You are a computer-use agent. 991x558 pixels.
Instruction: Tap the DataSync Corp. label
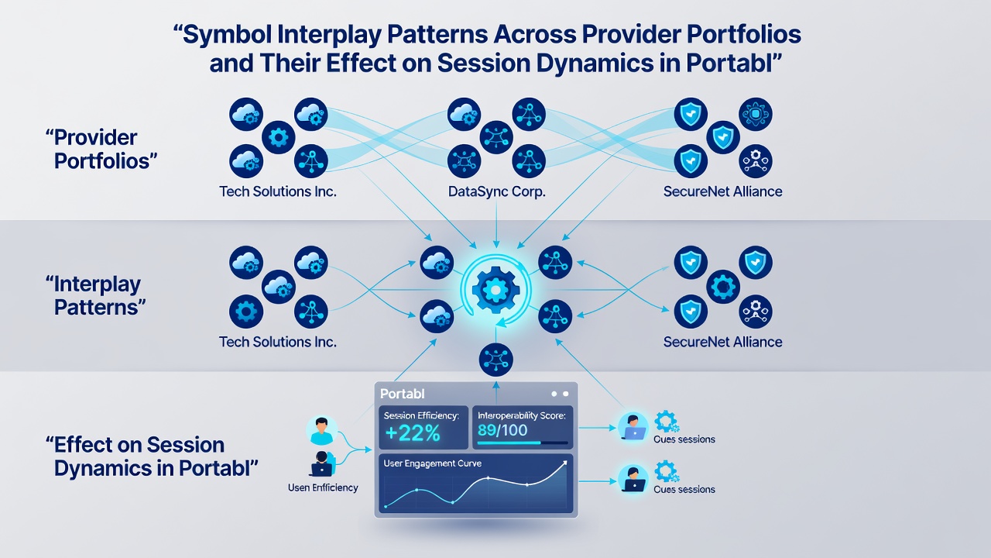click(x=496, y=191)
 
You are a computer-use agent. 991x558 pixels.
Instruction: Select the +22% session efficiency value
click(x=413, y=433)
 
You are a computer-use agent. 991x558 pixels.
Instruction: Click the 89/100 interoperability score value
click(x=502, y=430)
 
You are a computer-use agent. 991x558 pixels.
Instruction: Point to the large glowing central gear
click(x=495, y=290)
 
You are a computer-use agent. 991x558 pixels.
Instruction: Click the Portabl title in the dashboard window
click(x=402, y=393)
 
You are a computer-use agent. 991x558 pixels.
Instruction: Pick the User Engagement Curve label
click(x=432, y=463)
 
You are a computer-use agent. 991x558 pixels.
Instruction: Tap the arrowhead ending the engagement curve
click(x=564, y=463)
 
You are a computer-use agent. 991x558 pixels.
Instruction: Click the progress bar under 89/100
click(x=523, y=443)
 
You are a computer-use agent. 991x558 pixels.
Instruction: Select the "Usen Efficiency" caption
click(x=323, y=487)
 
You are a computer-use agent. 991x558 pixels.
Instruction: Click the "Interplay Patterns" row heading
click(x=95, y=296)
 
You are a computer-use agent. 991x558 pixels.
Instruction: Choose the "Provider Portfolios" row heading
click(x=101, y=150)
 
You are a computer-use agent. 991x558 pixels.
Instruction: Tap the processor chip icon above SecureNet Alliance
click(x=755, y=114)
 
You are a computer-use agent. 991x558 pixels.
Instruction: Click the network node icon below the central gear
click(x=496, y=359)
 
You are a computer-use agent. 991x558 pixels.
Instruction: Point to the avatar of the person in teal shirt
click(x=321, y=430)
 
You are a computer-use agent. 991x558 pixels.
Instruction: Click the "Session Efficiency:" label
click(x=421, y=415)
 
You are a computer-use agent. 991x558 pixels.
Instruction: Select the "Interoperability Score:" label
click(x=522, y=415)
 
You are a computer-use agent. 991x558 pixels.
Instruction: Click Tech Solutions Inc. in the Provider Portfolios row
click(x=278, y=191)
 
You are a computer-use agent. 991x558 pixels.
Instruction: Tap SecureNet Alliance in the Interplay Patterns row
click(x=722, y=342)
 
